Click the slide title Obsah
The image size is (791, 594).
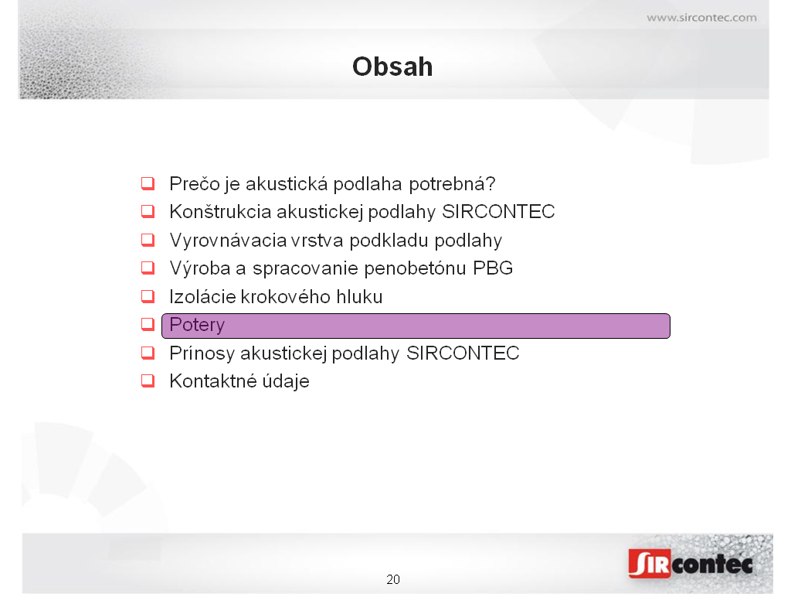[x=392, y=67]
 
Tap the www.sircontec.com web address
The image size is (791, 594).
[x=701, y=18]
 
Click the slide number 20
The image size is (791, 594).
[x=393, y=579]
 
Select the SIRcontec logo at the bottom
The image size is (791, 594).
[x=691, y=563]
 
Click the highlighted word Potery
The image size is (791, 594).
[x=197, y=326]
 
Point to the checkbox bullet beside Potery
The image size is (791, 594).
[x=148, y=324]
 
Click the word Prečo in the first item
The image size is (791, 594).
[x=195, y=184]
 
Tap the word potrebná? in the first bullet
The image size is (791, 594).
[x=453, y=185]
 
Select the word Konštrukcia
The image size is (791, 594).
[x=220, y=212]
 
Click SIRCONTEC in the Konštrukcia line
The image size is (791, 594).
[x=498, y=212]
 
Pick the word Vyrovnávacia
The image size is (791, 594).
[x=229, y=241]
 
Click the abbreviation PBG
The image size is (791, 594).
[x=493, y=268]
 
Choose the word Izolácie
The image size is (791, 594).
[x=202, y=297]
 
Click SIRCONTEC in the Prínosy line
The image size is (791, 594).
[x=463, y=353]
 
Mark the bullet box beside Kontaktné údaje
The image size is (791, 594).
[x=148, y=381]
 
